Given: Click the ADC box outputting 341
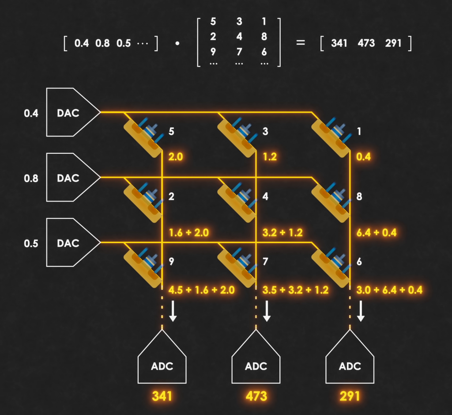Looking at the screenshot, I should (x=162, y=365).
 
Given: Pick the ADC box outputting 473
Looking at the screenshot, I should (x=256, y=365).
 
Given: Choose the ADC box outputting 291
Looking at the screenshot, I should (x=350, y=365).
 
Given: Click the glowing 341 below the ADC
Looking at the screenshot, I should (x=162, y=396).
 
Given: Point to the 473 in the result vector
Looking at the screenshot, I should (x=366, y=43).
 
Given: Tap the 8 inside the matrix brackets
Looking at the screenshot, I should (x=264, y=36).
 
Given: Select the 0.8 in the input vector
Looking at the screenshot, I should (x=102, y=43).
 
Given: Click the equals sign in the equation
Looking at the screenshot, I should (x=301, y=43).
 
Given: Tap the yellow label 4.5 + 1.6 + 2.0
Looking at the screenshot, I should (x=202, y=289).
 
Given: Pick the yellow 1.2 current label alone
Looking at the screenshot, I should (x=269, y=156).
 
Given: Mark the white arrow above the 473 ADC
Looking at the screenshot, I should (x=267, y=311).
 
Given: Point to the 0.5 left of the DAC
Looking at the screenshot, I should (x=31, y=244).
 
